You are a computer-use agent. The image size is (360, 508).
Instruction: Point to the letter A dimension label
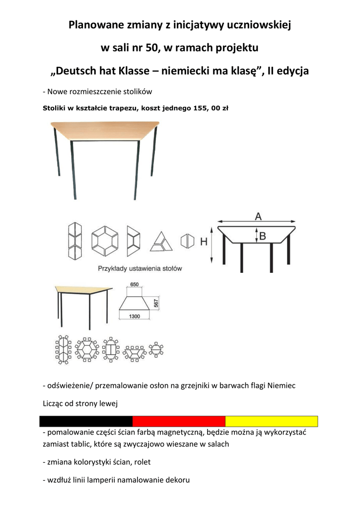[258, 216]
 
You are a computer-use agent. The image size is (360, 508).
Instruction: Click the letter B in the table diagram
[262, 236]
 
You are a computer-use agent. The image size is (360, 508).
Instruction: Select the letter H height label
[204, 242]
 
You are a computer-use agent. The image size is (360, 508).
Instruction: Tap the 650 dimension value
[135, 285]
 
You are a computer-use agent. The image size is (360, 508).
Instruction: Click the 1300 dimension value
[134, 316]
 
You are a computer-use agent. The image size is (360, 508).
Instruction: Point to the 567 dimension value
[156, 303]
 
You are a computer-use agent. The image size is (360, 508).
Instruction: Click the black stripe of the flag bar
[86, 421]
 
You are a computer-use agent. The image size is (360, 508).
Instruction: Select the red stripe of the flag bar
[179, 421]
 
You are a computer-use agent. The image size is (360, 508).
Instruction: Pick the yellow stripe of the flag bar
[271, 421]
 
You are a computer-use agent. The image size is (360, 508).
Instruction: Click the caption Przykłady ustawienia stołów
[140, 268]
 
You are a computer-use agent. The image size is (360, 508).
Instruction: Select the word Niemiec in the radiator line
[283, 385]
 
